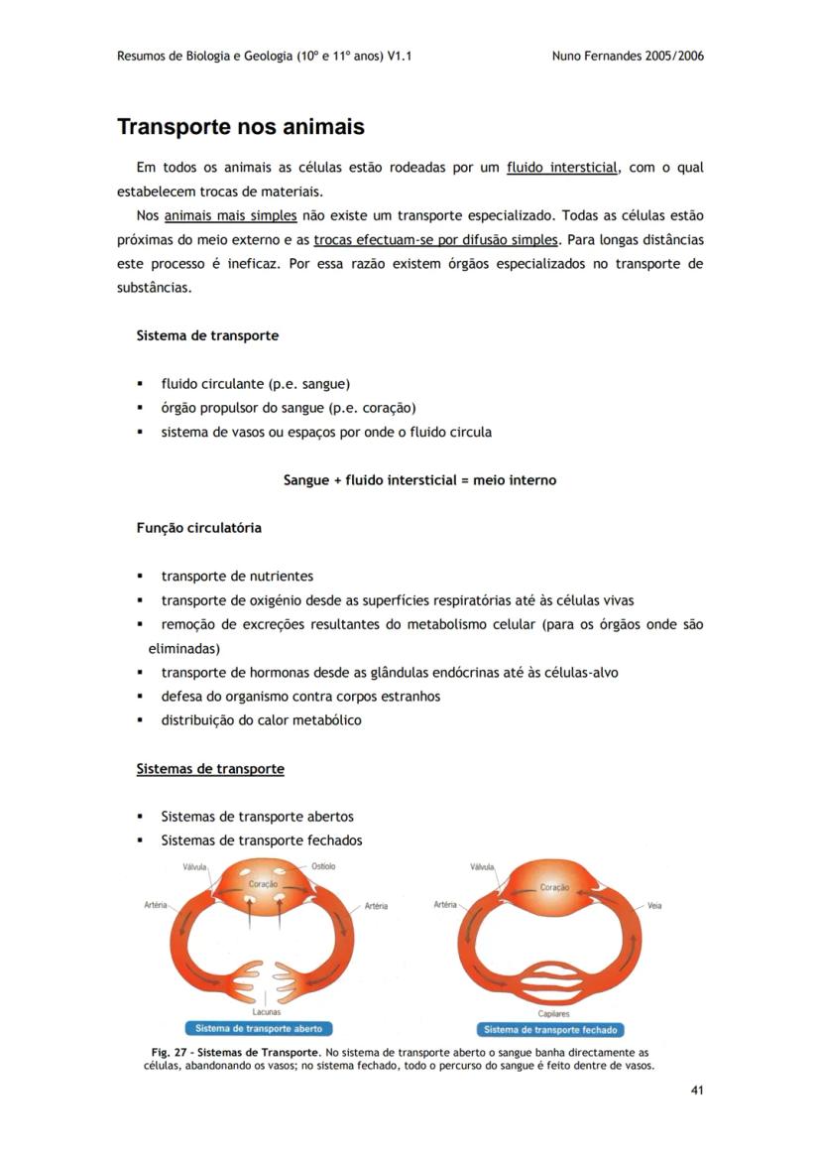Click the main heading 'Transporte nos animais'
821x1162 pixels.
pyautogui.click(x=241, y=128)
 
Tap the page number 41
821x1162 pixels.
pyautogui.click(x=696, y=1091)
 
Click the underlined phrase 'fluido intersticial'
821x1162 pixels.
pyautogui.click(x=562, y=168)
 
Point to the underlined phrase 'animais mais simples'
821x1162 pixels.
pyautogui.click(x=224, y=215)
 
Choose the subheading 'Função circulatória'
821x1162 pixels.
pyautogui.click(x=198, y=528)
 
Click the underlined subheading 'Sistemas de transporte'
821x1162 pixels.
pyautogui.click(x=210, y=769)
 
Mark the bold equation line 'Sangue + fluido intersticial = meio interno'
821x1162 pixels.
pyautogui.click(x=419, y=480)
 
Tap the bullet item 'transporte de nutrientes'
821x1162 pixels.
pyautogui.click(x=237, y=577)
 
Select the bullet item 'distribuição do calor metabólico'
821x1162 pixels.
pyautogui.click(x=261, y=720)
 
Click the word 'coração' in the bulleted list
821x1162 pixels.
pyautogui.click(x=388, y=408)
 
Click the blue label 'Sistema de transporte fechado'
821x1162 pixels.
pyautogui.click(x=550, y=1030)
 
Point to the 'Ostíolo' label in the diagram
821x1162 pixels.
pyautogui.click(x=323, y=866)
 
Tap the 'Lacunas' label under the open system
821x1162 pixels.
pyautogui.click(x=266, y=1012)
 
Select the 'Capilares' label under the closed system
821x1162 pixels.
pyautogui.click(x=553, y=1014)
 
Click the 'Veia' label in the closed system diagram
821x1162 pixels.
pyautogui.click(x=654, y=906)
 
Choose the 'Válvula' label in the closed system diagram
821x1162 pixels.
pyautogui.click(x=482, y=867)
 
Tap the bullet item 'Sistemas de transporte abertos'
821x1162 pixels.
pyautogui.click(x=257, y=817)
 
